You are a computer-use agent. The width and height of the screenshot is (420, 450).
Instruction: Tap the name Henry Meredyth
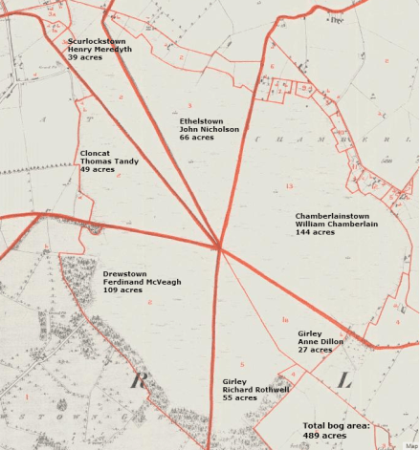(99, 50)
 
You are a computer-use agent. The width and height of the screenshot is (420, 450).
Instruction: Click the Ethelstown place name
(202, 121)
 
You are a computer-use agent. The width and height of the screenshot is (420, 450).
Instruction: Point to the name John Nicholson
(210, 130)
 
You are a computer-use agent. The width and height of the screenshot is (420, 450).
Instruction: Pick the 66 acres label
(196, 139)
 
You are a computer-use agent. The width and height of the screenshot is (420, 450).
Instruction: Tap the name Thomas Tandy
(109, 161)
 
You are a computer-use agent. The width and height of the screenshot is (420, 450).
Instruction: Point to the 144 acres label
(315, 232)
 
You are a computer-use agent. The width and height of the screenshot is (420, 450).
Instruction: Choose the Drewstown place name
(125, 273)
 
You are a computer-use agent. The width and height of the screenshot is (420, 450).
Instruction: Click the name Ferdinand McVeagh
(142, 282)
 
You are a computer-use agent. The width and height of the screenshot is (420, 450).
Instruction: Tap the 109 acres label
(122, 290)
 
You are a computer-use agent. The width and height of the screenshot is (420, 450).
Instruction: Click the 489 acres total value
(324, 436)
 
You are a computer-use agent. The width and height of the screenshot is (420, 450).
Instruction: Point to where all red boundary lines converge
(220, 247)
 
